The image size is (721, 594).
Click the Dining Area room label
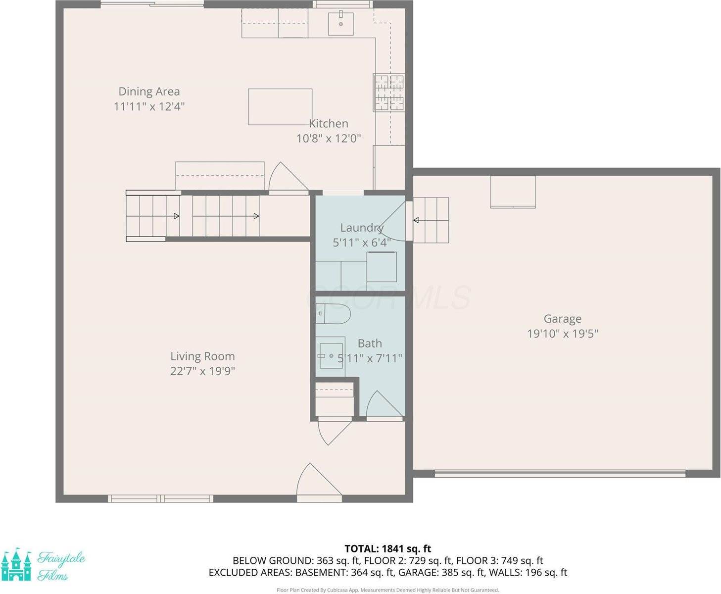(x=149, y=92)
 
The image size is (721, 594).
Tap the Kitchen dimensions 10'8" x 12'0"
(x=329, y=139)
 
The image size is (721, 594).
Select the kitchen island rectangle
(x=280, y=107)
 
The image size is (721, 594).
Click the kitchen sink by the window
(x=341, y=23)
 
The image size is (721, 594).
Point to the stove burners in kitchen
(x=389, y=92)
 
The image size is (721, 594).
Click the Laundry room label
(x=361, y=228)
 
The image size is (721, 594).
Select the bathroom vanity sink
(x=331, y=355)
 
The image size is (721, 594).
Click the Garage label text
(x=562, y=319)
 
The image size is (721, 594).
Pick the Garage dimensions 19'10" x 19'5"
(x=562, y=334)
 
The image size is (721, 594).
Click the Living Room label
(x=202, y=356)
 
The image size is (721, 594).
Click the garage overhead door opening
(x=560, y=474)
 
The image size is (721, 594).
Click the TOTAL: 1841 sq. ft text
(x=387, y=548)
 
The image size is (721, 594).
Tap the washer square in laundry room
(x=382, y=267)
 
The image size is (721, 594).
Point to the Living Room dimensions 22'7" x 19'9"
(x=202, y=371)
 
